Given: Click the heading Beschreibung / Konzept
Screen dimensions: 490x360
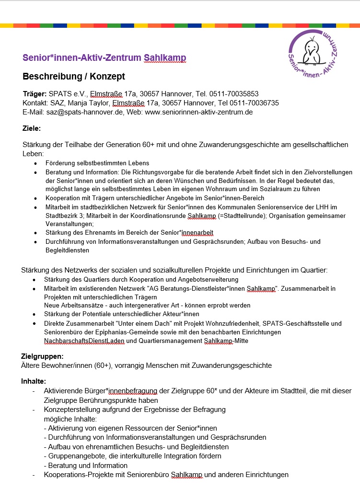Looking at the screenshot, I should pyautogui.click(x=74, y=76).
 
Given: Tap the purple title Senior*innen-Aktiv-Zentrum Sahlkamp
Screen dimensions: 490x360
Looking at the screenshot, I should pyautogui.click(x=104, y=58).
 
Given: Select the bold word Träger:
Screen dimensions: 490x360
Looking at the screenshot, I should pyautogui.click(x=35, y=94).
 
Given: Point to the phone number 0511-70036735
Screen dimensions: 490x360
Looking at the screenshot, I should pyautogui.click(x=255, y=103).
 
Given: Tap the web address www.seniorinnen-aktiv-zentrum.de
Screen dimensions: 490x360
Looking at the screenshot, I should pyautogui.click(x=198, y=112).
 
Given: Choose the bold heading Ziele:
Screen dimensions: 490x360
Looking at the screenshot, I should pyautogui.click(x=32, y=128).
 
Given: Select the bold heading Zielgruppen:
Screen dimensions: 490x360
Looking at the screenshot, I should pyautogui.click(x=43, y=356).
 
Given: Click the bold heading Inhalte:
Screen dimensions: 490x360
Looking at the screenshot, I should pyautogui.click(x=34, y=381).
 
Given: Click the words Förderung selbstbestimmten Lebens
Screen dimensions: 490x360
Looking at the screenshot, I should pyautogui.click(x=97, y=163).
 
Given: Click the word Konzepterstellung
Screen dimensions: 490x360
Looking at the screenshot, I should pyautogui.click(x=71, y=409).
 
